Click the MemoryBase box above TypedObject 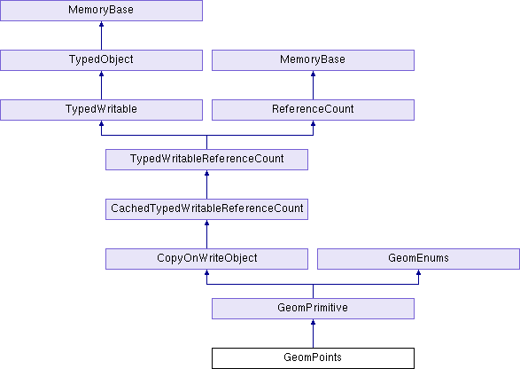[x=102, y=11]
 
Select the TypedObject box [x=102, y=60]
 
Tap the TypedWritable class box [x=102, y=110]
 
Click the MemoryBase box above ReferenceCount [x=313, y=60]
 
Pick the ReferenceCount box [x=313, y=110]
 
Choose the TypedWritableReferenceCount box [x=207, y=160]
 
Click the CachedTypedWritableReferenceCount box [x=207, y=209]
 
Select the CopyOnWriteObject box [x=207, y=259]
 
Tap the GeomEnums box [x=418, y=259]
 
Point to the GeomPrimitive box [x=313, y=309]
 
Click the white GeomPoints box [x=313, y=358]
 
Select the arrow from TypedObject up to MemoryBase [x=102, y=35]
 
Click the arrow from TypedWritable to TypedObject [x=102, y=85]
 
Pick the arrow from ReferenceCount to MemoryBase [x=313, y=85]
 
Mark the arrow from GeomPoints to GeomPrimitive [x=313, y=334]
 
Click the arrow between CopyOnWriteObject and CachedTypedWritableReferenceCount [x=207, y=234]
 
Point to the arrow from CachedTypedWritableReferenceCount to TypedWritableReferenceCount [x=207, y=184]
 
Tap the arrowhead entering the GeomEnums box [x=418, y=272]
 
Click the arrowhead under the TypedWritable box [x=102, y=123]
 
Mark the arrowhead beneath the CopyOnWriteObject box [x=207, y=272]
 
